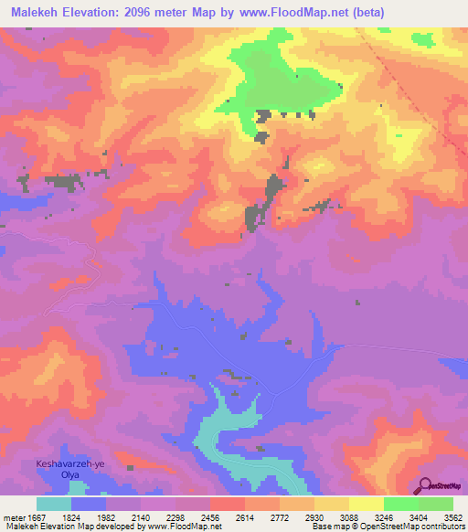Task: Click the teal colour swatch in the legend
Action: pos(54,504)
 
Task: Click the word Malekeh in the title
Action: pos(32,13)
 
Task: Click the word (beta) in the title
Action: pos(366,13)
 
